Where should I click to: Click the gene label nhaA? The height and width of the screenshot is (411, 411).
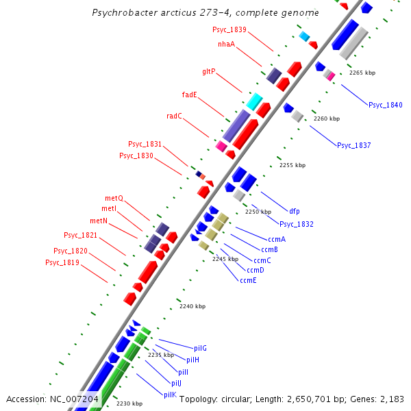(x=226, y=45)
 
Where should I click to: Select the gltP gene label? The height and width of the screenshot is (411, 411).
(x=209, y=71)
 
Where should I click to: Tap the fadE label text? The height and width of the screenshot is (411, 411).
(x=190, y=95)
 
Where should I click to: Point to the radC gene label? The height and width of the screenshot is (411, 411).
(x=175, y=116)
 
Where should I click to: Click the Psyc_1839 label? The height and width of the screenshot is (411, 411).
(x=229, y=30)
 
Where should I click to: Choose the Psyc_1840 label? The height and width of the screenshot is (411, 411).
(x=386, y=105)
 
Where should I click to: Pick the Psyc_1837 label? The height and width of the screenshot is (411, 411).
(x=353, y=145)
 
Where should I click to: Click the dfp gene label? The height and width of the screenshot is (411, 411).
(x=295, y=212)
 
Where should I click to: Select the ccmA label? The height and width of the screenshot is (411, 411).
(x=277, y=239)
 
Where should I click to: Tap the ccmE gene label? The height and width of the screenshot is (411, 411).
(x=248, y=280)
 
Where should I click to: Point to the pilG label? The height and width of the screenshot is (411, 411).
(x=200, y=349)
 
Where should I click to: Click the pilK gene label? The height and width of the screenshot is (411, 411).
(x=170, y=395)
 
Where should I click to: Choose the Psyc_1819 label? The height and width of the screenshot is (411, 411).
(x=62, y=263)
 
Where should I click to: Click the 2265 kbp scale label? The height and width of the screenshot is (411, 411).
(x=362, y=73)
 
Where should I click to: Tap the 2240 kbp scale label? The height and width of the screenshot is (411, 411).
(x=192, y=307)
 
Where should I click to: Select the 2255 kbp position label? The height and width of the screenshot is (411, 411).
(x=292, y=165)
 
